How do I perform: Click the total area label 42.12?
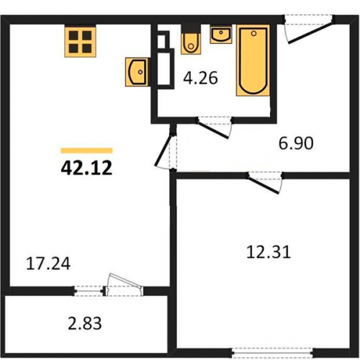point(86,168)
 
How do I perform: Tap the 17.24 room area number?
point(48,264)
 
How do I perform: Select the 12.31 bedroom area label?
point(269,252)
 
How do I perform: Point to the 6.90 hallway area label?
point(296,143)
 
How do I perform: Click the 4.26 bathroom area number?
point(200,78)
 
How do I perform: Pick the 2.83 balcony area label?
point(85,323)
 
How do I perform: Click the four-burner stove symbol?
point(80,42)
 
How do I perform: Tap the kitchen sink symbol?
point(136,72)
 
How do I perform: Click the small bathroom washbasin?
point(221,35)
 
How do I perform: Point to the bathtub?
point(253,60)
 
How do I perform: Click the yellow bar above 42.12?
point(86,150)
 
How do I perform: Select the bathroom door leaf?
point(213,129)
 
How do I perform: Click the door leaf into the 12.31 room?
point(264,184)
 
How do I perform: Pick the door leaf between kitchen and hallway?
point(163,150)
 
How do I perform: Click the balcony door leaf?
point(125,280)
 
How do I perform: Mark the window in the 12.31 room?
point(272,353)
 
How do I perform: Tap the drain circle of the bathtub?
point(253,34)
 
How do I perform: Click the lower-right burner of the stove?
point(87,48)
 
